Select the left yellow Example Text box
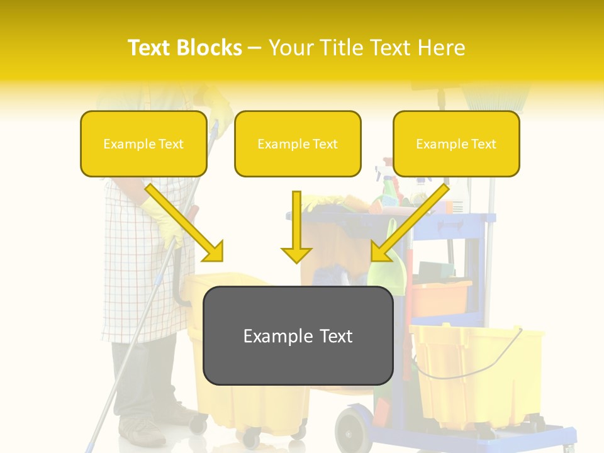(x=143, y=143)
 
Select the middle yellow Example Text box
(x=298, y=143)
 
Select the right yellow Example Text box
(x=456, y=143)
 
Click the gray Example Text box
(x=298, y=335)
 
